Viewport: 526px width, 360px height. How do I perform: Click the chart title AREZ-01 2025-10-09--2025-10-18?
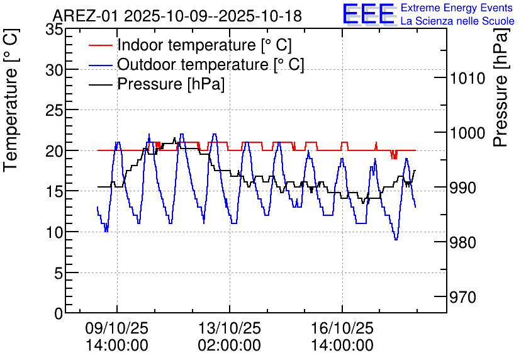177,15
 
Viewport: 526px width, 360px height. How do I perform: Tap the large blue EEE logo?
369,14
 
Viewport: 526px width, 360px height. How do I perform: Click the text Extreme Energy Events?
457,8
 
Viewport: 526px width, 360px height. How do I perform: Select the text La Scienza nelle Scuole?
457,21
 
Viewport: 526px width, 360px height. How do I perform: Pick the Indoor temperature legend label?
204,45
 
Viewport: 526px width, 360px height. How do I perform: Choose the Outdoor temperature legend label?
211,64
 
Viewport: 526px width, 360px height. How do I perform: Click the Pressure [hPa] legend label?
171,84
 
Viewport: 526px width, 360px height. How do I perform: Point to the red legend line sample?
100,46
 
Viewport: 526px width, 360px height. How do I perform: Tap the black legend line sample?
100,84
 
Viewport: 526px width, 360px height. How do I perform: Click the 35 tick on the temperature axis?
54,29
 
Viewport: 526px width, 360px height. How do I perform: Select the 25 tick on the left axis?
54,110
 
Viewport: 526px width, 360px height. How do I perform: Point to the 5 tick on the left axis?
59,273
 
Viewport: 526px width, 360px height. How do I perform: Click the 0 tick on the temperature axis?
59,313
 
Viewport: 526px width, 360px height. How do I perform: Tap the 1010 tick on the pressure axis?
466,78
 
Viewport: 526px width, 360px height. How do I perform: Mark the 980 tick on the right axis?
466,242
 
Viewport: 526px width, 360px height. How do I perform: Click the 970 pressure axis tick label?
466,296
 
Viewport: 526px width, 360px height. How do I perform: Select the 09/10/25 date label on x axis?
116,329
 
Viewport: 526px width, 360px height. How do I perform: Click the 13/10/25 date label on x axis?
229,329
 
